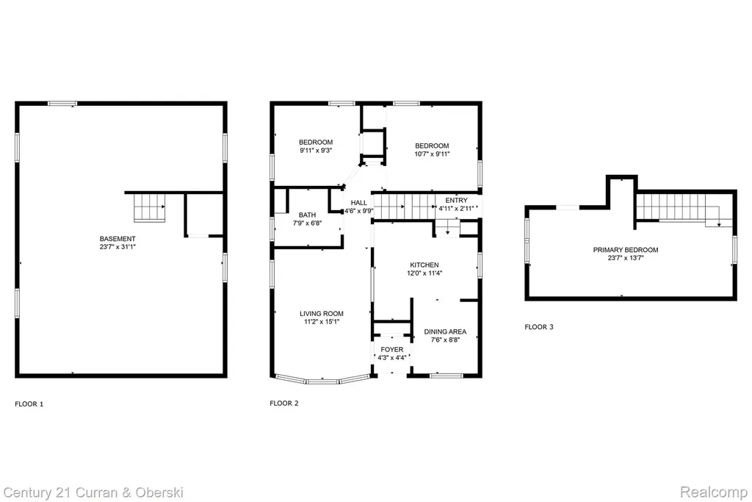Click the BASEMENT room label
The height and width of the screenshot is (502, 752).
pyautogui.click(x=117, y=239)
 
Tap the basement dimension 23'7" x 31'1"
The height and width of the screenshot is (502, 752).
pyautogui.click(x=117, y=247)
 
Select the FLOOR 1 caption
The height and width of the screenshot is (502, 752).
pyautogui.click(x=29, y=404)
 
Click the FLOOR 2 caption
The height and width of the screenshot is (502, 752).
pyautogui.click(x=284, y=403)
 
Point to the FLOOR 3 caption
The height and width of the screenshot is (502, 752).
pyautogui.click(x=539, y=327)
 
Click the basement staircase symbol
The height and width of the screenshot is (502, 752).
pyautogui.click(x=149, y=207)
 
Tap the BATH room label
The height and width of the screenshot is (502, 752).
pyautogui.click(x=308, y=215)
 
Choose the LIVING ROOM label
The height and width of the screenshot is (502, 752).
pyautogui.click(x=322, y=313)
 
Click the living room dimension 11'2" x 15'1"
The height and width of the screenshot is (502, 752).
pyautogui.click(x=322, y=321)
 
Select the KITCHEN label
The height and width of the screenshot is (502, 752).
pyautogui.click(x=424, y=265)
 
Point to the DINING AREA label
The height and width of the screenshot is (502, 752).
pyautogui.click(x=445, y=331)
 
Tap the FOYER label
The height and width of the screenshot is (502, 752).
pyautogui.click(x=392, y=349)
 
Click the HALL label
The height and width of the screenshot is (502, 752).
pyautogui.click(x=358, y=203)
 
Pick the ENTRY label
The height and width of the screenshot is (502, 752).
pyautogui.click(x=456, y=200)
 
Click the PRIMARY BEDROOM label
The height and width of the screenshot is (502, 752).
pyautogui.click(x=626, y=250)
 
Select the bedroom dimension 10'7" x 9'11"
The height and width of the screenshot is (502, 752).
pyautogui.click(x=432, y=154)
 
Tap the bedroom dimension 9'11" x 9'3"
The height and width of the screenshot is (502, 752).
pyautogui.click(x=316, y=150)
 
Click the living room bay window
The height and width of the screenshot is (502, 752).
pyautogui.click(x=322, y=380)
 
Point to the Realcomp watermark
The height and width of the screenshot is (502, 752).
pyautogui.click(x=714, y=492)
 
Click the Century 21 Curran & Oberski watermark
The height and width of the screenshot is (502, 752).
pyautogui.click(x=93, y=493)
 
